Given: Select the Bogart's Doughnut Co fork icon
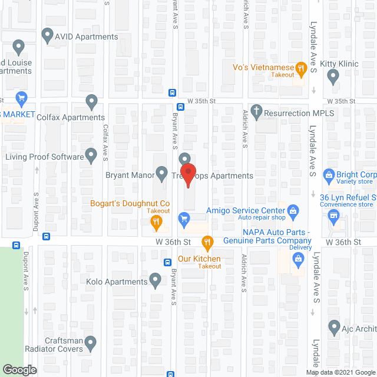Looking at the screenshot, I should pyautogui.click(x=156, y=221).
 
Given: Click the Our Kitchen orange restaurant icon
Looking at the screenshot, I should pyautogui.click(x=207, y=242).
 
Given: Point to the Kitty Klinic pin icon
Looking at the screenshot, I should pyautogui.click(x=333, y=75).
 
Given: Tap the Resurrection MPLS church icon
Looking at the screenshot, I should pyautogui.click(x=256, y=110).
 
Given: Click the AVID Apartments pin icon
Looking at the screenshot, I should pyautogui.click(x=48, y=36).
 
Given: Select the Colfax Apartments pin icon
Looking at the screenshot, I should pyautogui.click(x=91, y=102).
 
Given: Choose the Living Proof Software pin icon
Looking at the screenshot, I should pyautogui.click(x=91, y=156).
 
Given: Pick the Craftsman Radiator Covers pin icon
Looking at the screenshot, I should pyautogui.click(x=90, y=342).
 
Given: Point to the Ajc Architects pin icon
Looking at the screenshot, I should pyautogui.click(x=334, y=326).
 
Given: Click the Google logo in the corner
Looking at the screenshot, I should pyautogui.click(x=19, y=370).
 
